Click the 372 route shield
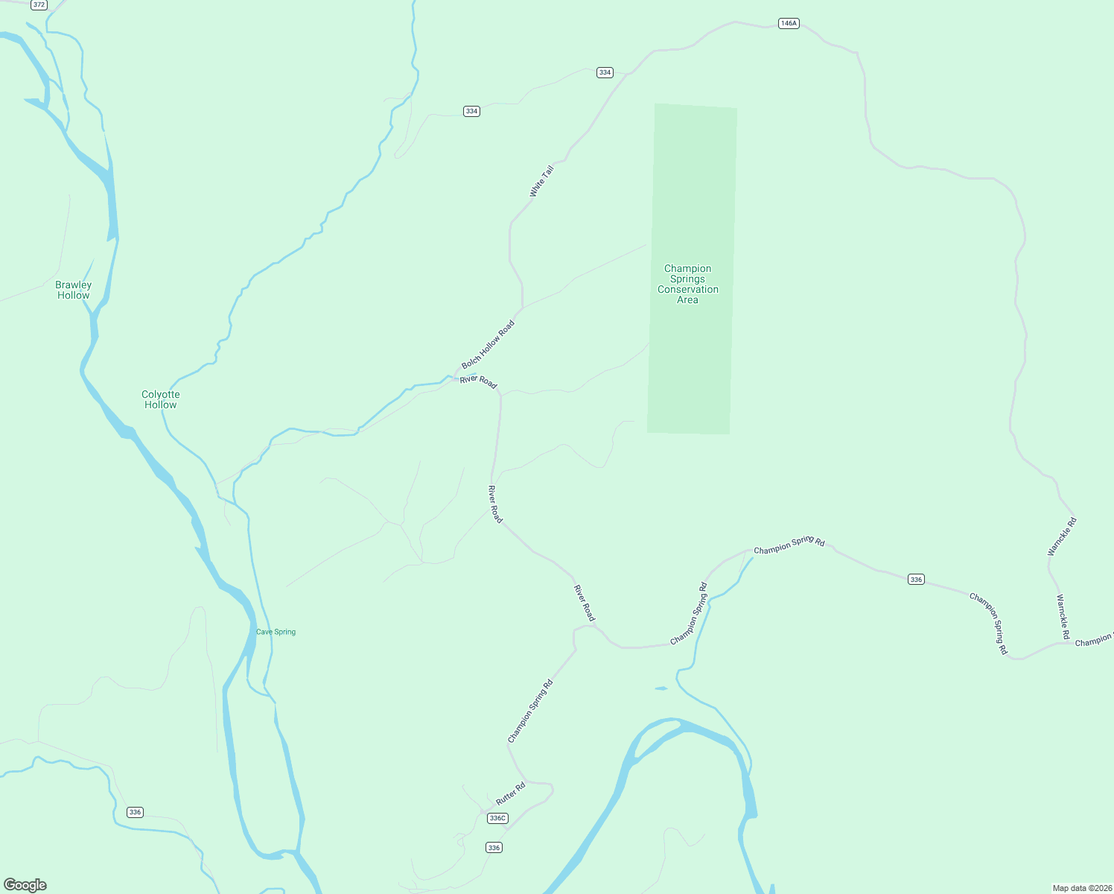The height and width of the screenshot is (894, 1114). pos(39,4)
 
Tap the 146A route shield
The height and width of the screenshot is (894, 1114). pos(788,23)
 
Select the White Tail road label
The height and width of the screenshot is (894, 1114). pos(541,182)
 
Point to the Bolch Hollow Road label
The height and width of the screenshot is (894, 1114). pos(488,344)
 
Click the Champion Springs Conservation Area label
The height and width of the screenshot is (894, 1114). pos(687,284)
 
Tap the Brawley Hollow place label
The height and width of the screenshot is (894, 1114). pos(74,290)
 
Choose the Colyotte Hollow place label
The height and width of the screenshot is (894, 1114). pos(161,399)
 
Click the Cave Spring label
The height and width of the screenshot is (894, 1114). pos(276,632)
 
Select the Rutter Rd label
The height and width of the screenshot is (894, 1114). pos(511,793)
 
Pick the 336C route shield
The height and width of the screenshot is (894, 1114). pos(497,818)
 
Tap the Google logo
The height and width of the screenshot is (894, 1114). pos(25,885)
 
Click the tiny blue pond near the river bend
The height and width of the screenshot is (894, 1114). pos(661,688)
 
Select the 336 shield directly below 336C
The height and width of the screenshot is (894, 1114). pos(494,847)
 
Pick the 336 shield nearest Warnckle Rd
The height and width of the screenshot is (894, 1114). pos(916,579)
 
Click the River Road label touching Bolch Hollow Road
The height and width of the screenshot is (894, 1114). pos(478,381)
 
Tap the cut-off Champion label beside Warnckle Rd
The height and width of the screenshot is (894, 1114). pos(1093,640)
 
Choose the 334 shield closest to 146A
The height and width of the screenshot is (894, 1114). pos(605,72)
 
